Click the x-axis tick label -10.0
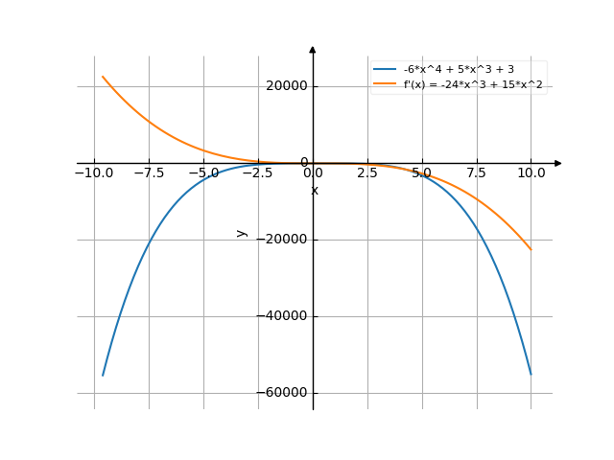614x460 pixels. [x=93, y=173]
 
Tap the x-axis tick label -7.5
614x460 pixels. [x=149, y=173]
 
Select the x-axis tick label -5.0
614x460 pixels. [x=203, y=173]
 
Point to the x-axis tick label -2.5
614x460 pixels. [x=258, y=173]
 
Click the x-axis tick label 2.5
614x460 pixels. [x=367, y=173]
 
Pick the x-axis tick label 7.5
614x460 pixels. [x=477, y=173]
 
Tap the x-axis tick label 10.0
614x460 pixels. [x=531, y=173]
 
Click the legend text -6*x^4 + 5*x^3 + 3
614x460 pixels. [x=460, y=70]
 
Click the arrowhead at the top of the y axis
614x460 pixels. [x=313, y=48]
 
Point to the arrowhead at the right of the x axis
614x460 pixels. [x=558, y=163]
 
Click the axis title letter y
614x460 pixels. [x=242, y=233]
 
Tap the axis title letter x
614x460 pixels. [x=314, y=191]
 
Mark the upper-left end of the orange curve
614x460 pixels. [x=103, y=77]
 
